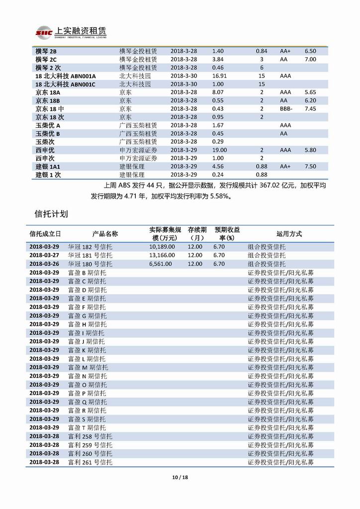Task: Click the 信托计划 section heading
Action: click(x=52, y=214)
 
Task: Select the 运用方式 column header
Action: click(x=289, y=234)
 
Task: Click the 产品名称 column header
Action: click(x=105, y=234)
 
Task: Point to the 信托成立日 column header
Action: click(x=45, y=234)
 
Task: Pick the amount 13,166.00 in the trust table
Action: click(x=161, y=255)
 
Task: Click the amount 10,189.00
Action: click(x=161, y=247)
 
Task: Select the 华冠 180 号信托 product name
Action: click(x=90, y=264)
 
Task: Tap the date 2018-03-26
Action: click(x=44, y=264)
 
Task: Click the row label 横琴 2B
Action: click(x=46, y=51)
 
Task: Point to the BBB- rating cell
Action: click(x=286, y=109)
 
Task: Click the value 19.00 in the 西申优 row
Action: click(x=219, y=150)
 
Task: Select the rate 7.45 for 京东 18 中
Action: click(x=310, y=109)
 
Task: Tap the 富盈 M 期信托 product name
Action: click(x=88, y=367)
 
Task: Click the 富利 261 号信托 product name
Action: click(x=90, y=462)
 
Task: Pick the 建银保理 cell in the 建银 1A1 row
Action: click(x=132, y=167)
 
